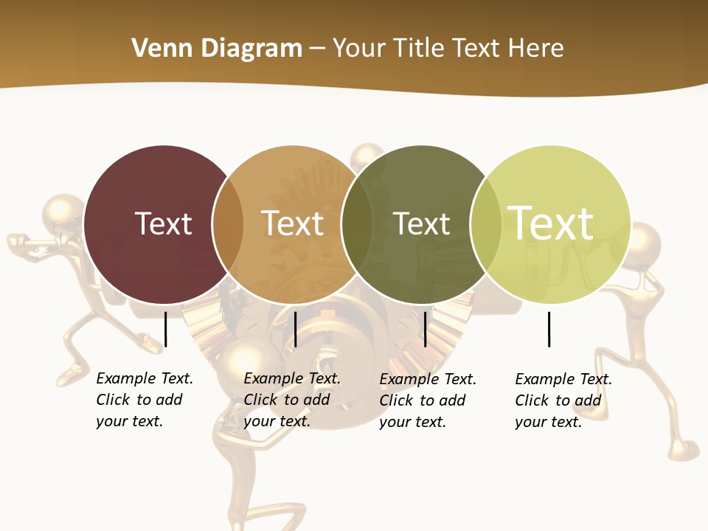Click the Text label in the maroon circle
[163, 223]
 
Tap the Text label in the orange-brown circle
[293, 223]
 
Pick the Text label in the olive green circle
[421, 223]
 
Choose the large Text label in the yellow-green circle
[551, 223]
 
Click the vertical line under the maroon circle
[166, 329]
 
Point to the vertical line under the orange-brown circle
[295, 329]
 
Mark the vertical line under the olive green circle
[425, 329]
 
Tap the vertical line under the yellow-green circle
[549, 329]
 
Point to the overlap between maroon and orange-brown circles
[228, 224]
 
